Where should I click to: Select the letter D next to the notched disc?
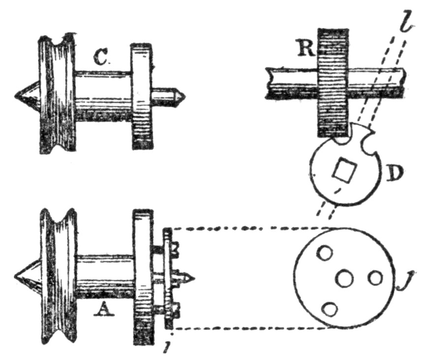(x=394, y=173)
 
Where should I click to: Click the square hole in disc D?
(x=342, y=170)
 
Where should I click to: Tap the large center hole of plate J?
(x=344, y=279)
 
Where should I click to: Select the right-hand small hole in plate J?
(x=375, y=278)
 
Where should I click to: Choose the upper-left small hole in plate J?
(x=324, y=253)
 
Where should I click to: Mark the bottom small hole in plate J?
(x=330, y=310)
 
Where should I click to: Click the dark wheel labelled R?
(x=333, y=81)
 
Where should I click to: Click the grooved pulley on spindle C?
(x=57, y=94)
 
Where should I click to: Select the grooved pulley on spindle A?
(x=59, y=276)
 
